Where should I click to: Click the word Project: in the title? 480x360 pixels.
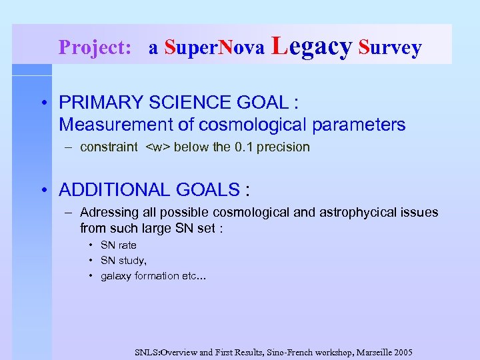(x=95, y=47)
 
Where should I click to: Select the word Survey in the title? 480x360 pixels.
(x=390, y=47)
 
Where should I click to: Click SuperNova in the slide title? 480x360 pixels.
(x=215, y=47)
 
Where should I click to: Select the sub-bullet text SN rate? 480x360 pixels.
(x=118, y=245)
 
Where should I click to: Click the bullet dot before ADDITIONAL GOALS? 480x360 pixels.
(x=43, y=190)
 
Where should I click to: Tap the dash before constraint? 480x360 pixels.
(x=69, y=147)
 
